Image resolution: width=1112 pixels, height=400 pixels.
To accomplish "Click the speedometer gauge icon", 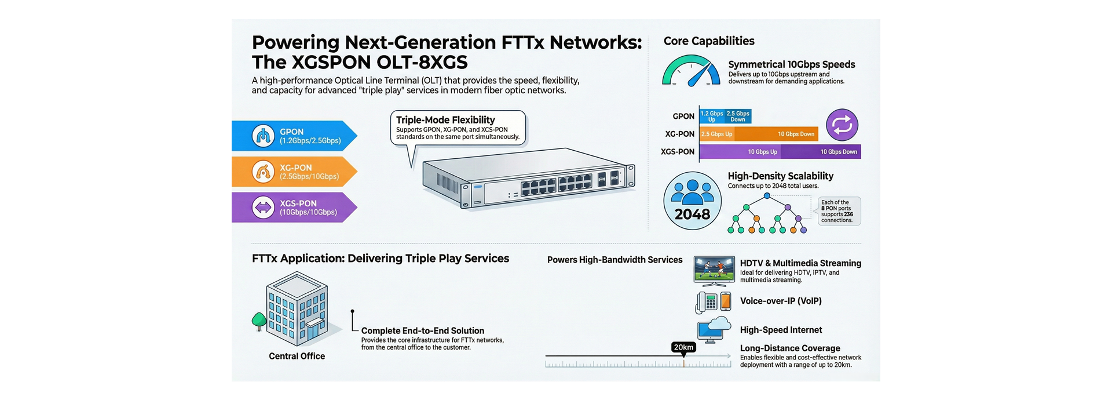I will point(691,71).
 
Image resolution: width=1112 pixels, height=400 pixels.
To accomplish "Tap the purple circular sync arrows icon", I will point(842,125).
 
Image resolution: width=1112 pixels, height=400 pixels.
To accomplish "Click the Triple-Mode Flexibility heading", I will point(445,120).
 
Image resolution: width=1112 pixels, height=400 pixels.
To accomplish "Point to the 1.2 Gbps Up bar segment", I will point(711,116).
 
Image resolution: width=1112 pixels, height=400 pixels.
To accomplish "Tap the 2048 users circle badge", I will point(692,201).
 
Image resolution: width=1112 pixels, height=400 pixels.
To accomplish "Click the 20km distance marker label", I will point(683,347).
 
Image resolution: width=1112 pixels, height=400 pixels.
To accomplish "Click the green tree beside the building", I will point(258,320).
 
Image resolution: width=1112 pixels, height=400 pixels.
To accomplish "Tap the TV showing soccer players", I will point(714,270).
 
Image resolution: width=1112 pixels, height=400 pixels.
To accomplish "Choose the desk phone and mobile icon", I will point(713,301).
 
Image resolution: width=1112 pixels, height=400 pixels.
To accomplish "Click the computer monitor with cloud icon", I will point(714,330).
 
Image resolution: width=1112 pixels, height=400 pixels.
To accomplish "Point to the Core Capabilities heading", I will point(708,41).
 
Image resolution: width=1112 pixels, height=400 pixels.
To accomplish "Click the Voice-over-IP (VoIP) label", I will point(780,301).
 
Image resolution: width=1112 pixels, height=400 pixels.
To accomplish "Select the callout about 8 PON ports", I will point(839,211).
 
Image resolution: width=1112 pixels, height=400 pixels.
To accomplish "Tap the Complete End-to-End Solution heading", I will point(422,330).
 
